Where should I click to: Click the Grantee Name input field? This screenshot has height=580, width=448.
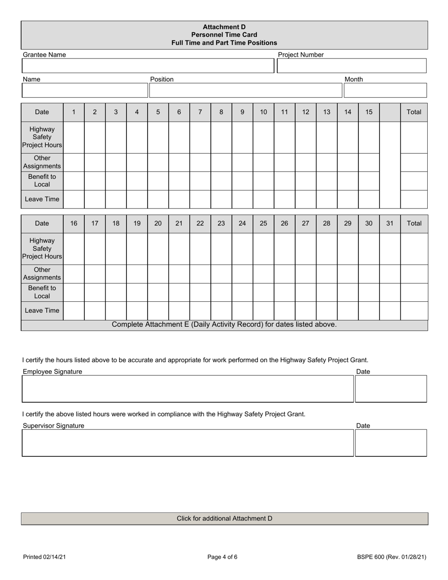click(x=148, y=66)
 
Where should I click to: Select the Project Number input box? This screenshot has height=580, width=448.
click(x=351, y=66)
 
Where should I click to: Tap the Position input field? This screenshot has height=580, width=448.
click(x=245, y=90)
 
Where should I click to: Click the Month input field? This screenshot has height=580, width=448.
click(x=385, y=90)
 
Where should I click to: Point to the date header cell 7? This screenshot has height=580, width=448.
click(x=200, y=112)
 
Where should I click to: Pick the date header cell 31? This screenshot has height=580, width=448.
click(x=390, y=224)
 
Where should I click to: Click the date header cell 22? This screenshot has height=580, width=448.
click(x=200, y=224)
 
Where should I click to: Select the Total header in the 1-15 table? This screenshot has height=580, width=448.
click(x=414, y=112)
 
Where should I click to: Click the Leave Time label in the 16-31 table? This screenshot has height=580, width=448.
click(x=42, y=311)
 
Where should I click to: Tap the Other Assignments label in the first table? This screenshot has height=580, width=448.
click(x=42, y=162)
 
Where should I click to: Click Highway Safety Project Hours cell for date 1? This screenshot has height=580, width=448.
click(x=74, y=137)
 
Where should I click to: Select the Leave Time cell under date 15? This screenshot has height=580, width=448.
click(x=369, y=199)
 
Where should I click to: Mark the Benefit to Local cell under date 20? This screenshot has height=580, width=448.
click(x=158, y=292)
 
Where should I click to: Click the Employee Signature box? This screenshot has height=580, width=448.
click(x=187, y=389)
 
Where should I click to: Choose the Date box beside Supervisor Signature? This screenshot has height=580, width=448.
click(x=390, y=443)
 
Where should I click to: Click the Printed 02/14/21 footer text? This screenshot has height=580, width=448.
click(x=44, y=557)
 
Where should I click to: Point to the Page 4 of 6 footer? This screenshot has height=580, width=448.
click(x=223, y=557)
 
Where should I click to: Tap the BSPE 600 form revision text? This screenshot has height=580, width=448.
click(x=391, y=557)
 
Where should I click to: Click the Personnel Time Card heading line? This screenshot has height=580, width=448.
click(x=224, y=35)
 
